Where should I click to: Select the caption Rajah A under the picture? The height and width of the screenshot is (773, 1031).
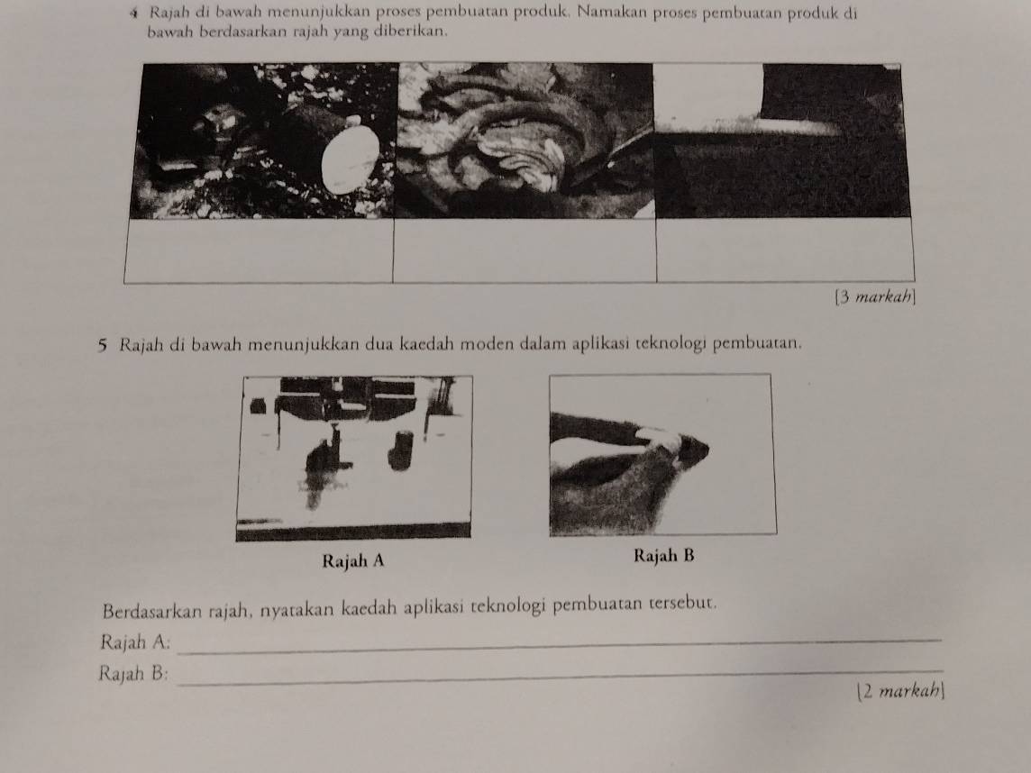pos(353,560)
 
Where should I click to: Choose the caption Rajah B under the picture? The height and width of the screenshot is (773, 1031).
pos(663,556)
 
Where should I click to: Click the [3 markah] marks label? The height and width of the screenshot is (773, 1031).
pos(875,297)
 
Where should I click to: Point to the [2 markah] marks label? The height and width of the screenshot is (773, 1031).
pos(901,691)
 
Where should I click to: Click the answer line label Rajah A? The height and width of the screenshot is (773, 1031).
pos(135,641)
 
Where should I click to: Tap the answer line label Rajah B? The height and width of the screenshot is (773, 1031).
pos(133,673)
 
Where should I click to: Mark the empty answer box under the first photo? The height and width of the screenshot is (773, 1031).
pos(259,250)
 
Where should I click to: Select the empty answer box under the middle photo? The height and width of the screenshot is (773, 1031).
pos(525,250)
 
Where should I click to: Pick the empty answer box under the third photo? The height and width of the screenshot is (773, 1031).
pos(785,250)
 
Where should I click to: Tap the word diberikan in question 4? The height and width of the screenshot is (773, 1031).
pos(411,31)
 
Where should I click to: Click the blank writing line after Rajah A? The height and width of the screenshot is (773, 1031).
pos(560,646)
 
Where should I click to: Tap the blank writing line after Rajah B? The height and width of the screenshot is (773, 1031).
pos(560,677)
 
